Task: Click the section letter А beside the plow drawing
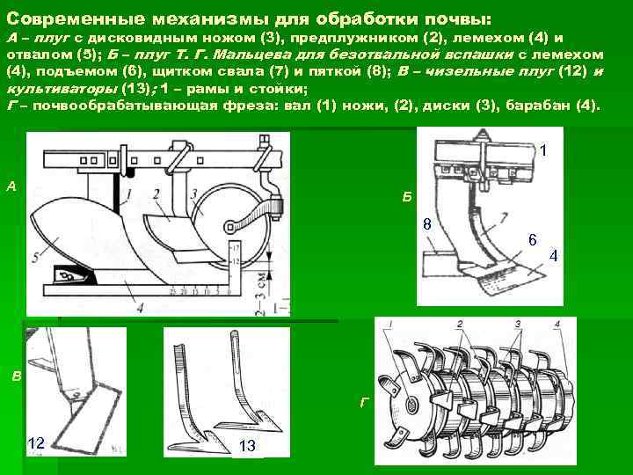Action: coord(11,186)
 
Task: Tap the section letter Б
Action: coord(406,195)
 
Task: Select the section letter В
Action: coord(17,376)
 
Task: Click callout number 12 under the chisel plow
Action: coord(36,442)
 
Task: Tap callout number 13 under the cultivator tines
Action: coord(247,446)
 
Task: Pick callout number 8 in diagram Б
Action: coord(426,225)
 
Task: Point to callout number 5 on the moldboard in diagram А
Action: coord(35,257)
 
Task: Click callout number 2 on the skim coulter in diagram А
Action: coord(156,193)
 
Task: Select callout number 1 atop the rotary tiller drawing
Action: coord(388,325)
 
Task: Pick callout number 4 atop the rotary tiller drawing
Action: coord(557,325)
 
